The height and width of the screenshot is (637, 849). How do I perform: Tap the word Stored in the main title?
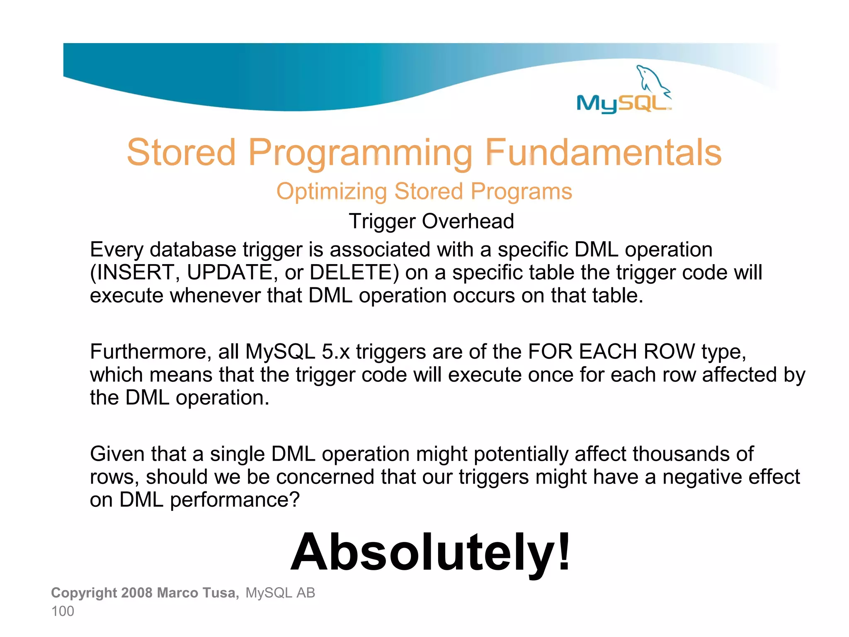tap(181, 153)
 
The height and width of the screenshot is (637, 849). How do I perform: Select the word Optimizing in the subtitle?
tap(331, 192)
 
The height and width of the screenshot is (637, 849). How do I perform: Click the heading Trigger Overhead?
tap(431, 221)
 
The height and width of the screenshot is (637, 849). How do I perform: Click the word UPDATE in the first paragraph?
tap(229, 272)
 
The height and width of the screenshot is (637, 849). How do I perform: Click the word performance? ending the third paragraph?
tap(235, 500)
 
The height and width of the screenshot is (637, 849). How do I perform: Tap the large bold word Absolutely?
tap(430, 552)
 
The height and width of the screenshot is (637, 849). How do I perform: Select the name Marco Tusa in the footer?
tap(198, 593)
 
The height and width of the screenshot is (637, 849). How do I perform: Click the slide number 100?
tap(63, 611)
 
